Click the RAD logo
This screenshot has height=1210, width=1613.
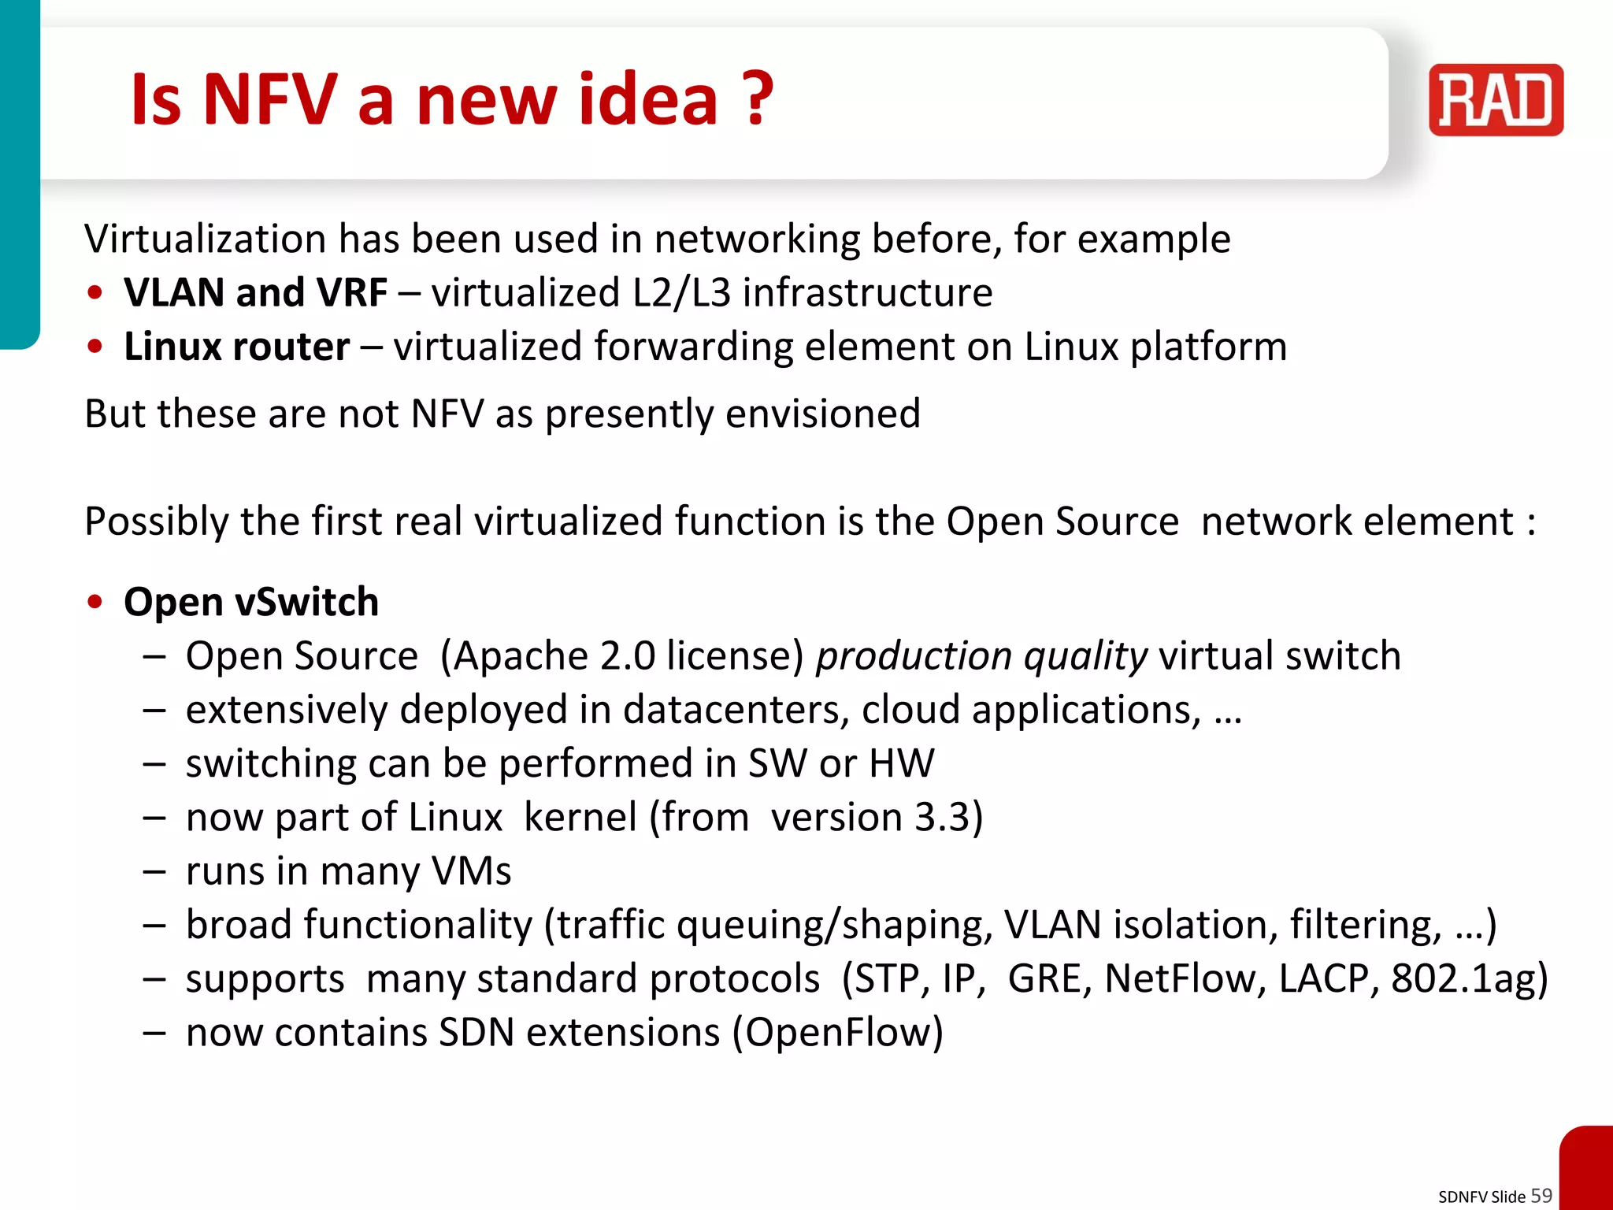pyautogui.click(x=1496, y=100)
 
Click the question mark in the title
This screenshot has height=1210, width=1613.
pyautogui.click(x=758, y=99)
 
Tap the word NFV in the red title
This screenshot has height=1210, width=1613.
pyautogui.click(x=270, y=99)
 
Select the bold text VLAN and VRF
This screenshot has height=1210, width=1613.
pyautogui.click(x=256, y=293)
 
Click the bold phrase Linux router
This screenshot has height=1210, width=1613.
pyautogui.click(x=237, y=347)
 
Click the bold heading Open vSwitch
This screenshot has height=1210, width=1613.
pyautogui.click(x=251, y=602)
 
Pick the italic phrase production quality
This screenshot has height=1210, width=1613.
pyautogui.click(x=981, y=656)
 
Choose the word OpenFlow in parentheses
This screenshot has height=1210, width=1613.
pyautogui.click(x=839, y=1033)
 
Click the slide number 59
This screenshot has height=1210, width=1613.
pyautogui.click(x=1541, y=1195)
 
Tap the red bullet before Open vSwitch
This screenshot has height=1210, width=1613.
pyautogui.click(x=95, y=603)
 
